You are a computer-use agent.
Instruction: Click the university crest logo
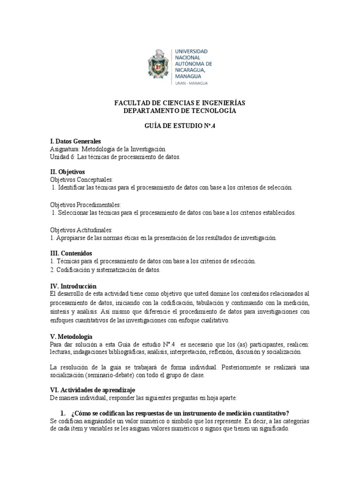point(159,65)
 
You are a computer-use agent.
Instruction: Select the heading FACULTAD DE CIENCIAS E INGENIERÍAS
point(180,103)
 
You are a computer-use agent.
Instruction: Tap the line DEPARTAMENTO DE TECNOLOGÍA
point(180,111)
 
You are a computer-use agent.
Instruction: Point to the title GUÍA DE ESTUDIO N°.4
point(180,127)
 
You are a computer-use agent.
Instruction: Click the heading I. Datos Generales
point(75,141)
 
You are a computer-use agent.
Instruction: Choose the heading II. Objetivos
point(67,172)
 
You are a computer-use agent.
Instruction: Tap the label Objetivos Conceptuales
point(81,179)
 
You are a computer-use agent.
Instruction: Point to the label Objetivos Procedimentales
point(85,205)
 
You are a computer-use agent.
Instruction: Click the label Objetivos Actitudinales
point(81,230)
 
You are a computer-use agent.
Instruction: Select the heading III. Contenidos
point(71,253)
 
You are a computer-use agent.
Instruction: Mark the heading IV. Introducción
point(73,286)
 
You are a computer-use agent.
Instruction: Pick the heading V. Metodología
point(71,337)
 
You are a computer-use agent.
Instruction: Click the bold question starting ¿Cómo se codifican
point(180,413)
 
